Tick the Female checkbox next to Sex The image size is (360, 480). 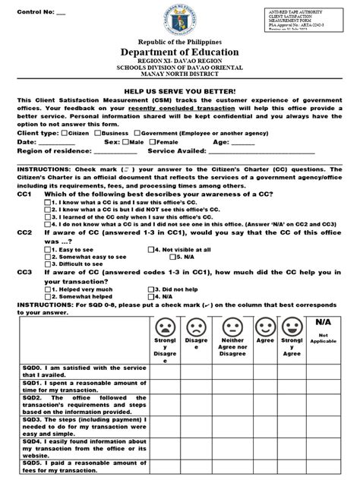click(155, 142)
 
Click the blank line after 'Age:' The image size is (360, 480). click(242, 142)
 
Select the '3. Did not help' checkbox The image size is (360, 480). click(151, 289)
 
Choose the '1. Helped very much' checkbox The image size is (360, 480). click(48, 289)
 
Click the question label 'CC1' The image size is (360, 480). click(24, 194)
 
